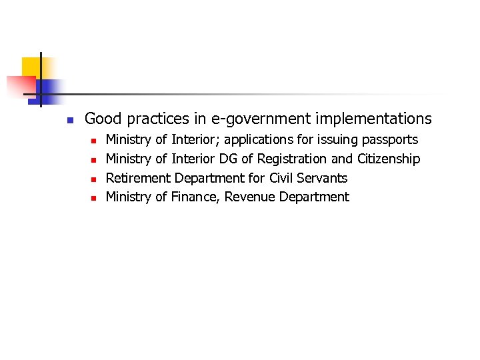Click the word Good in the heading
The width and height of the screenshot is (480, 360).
pyautogui.click(x=103, y=119)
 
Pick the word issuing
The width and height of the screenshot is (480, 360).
pyautogui.click(x=335, y=140)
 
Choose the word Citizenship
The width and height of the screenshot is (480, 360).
pyautogui.click(x=389, y=159)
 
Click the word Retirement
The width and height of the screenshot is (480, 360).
pyautogui.click(x=138, y=178)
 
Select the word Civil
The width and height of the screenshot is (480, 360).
pyautogui.click(x=283, y=178)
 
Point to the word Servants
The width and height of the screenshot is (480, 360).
pyautogui.click(x=325, y=178)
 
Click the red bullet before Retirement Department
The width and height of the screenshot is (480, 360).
pyautogui.click(x=94, y=179)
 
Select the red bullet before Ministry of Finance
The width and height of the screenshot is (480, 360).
pyautogui.click(x=94, y=198)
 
